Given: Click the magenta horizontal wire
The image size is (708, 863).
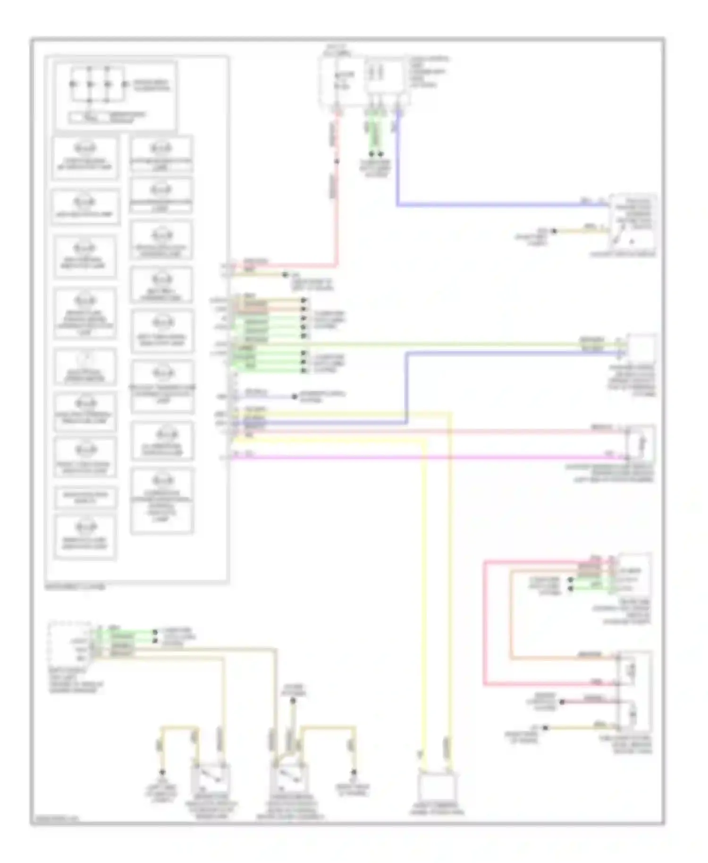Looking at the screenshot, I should click(x=425, y=457).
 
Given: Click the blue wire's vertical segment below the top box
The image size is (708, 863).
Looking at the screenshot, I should click(x=398, y=161).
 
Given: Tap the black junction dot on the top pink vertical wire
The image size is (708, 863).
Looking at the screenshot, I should click(x=337, y=161).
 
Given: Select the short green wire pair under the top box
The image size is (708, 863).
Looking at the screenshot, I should click(x=376, y=137).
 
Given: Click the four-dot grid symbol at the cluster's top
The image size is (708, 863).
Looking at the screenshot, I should click(x=98, y=85).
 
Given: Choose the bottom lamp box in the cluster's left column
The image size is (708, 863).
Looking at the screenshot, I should click(x=85, y=537).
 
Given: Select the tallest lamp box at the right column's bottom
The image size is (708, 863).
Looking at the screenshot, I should click(x=162, y=500).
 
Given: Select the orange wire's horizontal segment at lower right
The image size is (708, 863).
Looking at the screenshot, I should click(x=562, y=658).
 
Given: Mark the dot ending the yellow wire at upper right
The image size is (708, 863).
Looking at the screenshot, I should click(x=555, y=231).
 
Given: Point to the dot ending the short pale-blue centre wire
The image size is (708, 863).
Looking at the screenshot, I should click(x=295, y=397).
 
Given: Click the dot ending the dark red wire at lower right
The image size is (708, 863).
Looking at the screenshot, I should click(x=562, y=702).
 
